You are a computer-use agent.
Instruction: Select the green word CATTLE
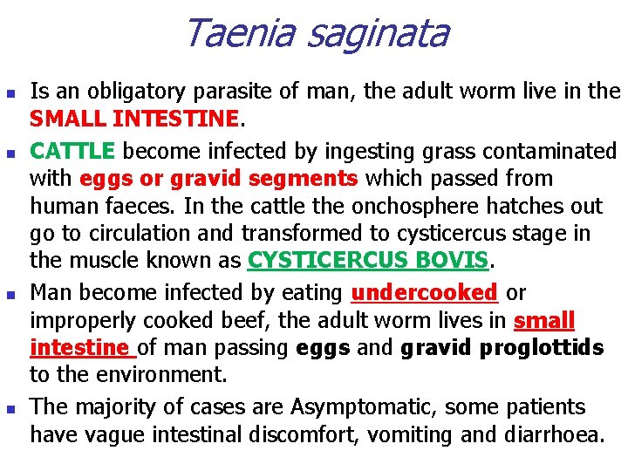(x=72, y=151)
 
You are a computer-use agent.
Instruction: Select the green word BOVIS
(x=440, y=261)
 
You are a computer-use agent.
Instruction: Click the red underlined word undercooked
(x=424, y=292)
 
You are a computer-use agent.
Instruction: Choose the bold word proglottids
(x=545, y=348)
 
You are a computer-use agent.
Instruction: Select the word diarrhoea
(x=554, y=433)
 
